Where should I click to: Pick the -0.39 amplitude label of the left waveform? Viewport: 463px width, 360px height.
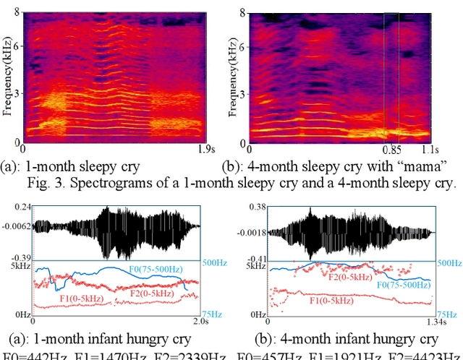coord(21,258)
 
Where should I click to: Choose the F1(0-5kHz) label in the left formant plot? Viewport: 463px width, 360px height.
coord(81,296)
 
